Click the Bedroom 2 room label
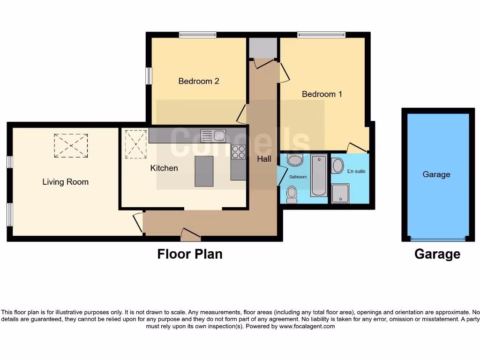199,81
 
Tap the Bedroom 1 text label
322,94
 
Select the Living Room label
65,182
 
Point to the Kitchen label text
164,168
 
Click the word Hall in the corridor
264,159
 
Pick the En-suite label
356,171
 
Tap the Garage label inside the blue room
436,174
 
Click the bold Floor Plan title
189,254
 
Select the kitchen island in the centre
204,171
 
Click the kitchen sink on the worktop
213,136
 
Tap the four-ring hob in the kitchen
238,152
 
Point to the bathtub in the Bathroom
319,175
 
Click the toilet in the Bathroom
292,194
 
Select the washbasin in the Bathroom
295,161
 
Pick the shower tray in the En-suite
340,193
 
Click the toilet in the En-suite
337,165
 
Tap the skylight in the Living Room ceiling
71,145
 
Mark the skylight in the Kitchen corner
136,144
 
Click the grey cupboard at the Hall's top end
262,47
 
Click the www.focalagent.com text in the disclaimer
307,326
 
